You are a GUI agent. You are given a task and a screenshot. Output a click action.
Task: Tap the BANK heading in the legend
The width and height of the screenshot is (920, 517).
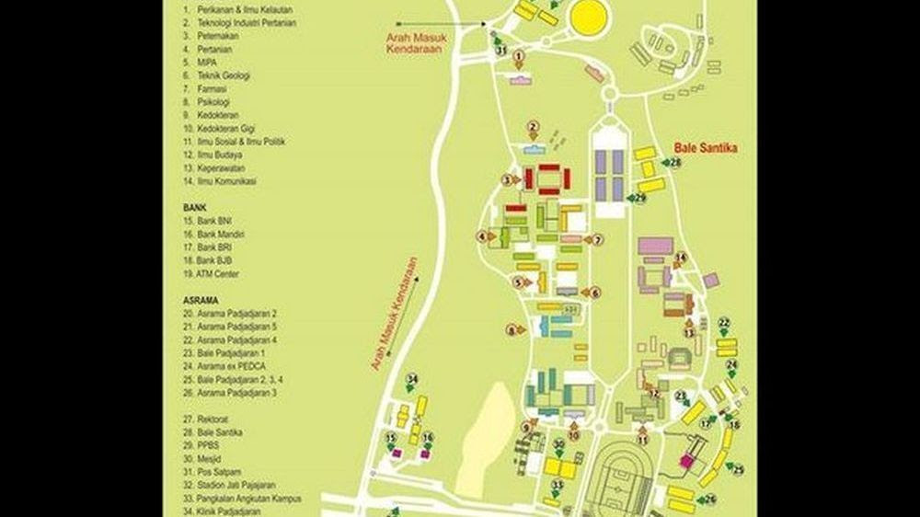tap(194, 208)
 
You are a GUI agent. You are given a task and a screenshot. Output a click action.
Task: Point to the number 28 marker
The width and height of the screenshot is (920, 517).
tap(675, 163)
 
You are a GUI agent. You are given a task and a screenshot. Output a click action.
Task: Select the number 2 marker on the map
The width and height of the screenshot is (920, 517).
tap(532, 126)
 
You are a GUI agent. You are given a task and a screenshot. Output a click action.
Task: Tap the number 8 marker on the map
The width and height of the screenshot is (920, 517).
tap(512, 329)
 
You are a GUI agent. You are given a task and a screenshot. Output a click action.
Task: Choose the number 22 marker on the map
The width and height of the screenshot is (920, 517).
tap(724, 323)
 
